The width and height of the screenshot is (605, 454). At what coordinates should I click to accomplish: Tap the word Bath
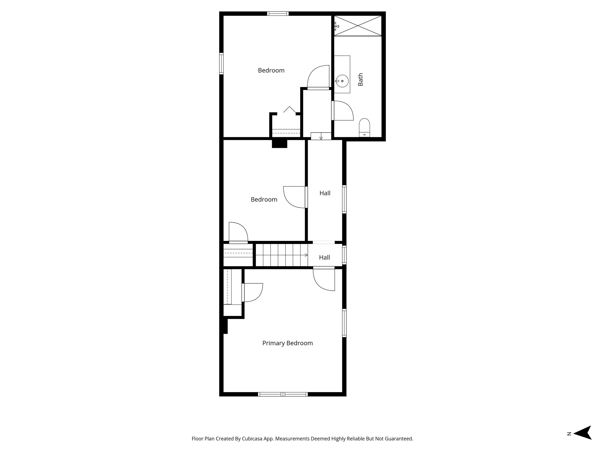coord(360,79)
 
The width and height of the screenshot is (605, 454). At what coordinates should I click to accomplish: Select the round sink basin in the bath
coord(342,81)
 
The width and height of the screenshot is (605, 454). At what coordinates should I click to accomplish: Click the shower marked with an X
coord(358,26)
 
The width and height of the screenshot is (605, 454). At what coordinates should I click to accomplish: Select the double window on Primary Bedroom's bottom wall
coord(283,394)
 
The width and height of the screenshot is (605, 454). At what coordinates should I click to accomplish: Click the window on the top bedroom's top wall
coord(278,13)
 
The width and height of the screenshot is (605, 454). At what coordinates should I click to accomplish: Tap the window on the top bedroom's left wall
coord(221,63)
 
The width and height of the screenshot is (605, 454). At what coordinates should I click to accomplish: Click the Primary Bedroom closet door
coord(253,293)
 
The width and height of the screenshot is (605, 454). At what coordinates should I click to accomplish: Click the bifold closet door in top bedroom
coord(289,110)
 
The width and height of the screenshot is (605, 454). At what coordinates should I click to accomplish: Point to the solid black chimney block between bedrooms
coord(279,144)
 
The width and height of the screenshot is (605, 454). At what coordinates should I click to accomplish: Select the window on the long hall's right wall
coord(344,199)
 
